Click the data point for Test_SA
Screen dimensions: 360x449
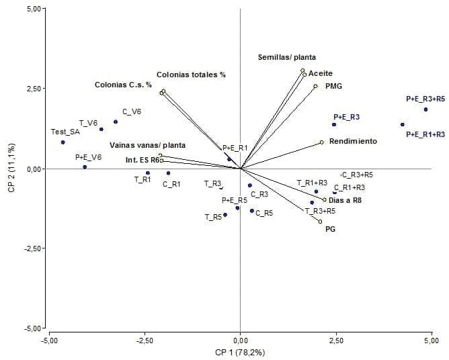[63, 142]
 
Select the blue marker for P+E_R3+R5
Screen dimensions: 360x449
[426, 109]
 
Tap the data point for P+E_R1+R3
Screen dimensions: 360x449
[403, 125]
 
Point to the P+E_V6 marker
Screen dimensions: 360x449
[85, 167]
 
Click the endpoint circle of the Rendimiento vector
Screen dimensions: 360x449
[322, 142]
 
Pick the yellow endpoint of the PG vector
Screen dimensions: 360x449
[320, 222]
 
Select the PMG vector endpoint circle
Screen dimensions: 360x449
[315, 86]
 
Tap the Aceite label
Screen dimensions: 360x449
[321, 73]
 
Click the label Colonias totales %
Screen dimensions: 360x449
[191, 75]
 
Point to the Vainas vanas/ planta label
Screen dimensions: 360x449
[148, 144]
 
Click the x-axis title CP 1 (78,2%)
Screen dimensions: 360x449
[240, 352]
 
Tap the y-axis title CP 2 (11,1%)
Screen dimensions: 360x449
[11, 168]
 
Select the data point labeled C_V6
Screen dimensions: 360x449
[116, 122]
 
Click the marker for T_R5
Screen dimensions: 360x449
[225, 215]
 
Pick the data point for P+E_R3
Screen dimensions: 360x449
[334, 125]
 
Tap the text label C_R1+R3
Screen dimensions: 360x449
[350, 187]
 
